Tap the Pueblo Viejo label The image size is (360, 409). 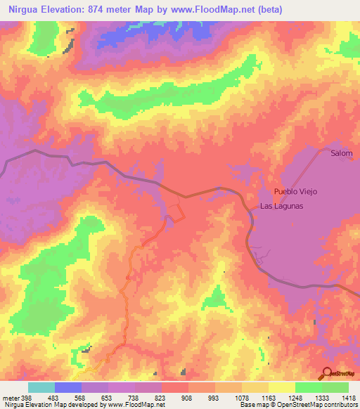point(295,192)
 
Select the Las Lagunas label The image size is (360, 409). point(281,206)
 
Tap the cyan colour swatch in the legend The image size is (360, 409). point(41,387)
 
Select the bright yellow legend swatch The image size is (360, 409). point(281,387)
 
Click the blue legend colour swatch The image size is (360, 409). point(67,387)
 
